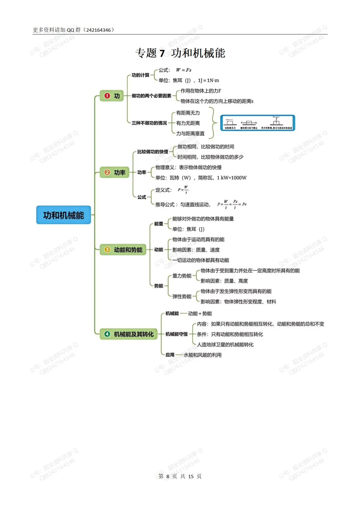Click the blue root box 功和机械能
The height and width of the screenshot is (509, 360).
point(63,215)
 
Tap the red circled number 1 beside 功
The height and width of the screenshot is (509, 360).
point(107,96)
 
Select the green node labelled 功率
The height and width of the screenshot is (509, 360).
point(114,172)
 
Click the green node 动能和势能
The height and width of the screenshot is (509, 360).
point(123,250)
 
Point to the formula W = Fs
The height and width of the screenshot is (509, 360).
point(184,70)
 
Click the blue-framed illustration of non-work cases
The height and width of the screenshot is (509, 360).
point(258,123)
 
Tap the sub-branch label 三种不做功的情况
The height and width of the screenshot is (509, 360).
point(149,123)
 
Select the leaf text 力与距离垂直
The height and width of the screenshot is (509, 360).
point(190,133)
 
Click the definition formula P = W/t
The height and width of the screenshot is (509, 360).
point(183,190)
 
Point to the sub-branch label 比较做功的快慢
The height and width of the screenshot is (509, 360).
point(153,152)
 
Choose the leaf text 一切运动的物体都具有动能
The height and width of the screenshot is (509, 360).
point(201,260)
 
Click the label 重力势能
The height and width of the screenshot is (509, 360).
point(182,276)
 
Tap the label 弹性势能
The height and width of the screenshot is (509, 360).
point(182,296)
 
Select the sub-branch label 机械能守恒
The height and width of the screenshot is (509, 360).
point(177,334)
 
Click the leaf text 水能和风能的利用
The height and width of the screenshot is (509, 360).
point(203,355)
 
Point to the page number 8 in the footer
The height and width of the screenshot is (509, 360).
point(168,476)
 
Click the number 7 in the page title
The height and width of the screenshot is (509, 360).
point(162,53)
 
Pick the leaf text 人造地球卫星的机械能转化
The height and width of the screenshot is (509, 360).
point(225,344)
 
